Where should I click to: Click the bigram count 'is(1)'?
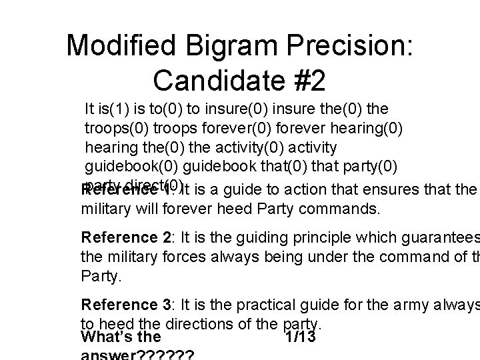pyautogui.click(x=113, y=108)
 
